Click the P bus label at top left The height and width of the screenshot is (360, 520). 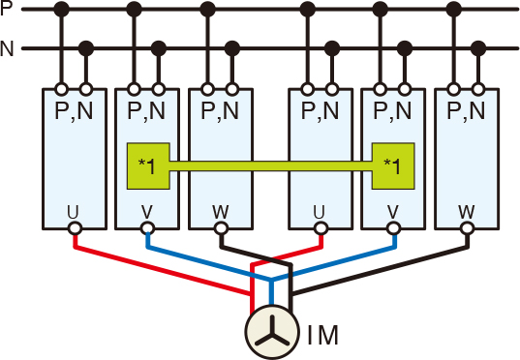[8, 11]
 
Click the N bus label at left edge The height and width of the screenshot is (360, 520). [8, 47]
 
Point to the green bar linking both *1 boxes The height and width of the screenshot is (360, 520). [271, 166]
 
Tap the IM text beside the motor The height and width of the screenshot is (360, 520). [322, 337]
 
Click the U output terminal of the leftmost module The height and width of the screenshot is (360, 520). [74, 229]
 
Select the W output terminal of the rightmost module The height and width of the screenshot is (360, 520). [468, 229]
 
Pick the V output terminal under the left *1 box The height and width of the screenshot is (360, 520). [147, 229]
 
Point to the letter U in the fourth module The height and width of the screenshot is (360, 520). [321, 211]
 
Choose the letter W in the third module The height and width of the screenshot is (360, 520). [220, 211]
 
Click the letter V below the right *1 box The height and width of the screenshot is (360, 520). [393, 211]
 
